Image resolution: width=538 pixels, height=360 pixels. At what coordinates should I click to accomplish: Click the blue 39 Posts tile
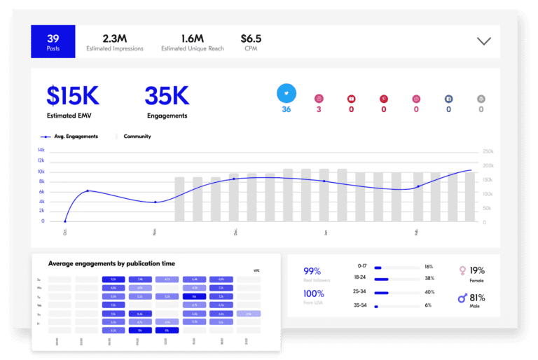(x=53, y=41)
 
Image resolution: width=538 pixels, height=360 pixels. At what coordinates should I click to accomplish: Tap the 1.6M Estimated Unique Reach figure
(x=192, y=38)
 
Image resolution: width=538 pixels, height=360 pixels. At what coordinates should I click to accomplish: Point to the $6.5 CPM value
(x=251, y=38)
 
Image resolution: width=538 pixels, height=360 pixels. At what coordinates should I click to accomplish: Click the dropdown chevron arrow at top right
(x=483, y=41)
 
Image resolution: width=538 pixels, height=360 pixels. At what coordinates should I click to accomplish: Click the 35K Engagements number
(x=167, y=96)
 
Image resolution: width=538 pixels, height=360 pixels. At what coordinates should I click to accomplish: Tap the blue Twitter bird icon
(x=286, y=92)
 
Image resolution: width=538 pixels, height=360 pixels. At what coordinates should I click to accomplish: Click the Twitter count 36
(x=286, y=109)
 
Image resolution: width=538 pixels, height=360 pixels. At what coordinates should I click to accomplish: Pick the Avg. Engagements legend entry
(x=70, y=137)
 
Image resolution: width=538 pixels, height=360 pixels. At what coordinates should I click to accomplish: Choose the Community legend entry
(x=137, y=137)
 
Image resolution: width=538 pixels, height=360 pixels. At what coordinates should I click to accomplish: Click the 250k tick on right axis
(x=488, y=151)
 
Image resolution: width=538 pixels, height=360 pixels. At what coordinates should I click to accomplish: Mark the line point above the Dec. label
(x=234, y=179)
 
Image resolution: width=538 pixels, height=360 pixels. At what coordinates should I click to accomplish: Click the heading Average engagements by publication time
(x=111, y=263)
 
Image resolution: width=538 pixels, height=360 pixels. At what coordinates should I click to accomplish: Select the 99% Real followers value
(x=312, y=271)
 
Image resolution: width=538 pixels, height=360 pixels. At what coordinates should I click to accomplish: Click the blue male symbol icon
(x=462, y=298)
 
